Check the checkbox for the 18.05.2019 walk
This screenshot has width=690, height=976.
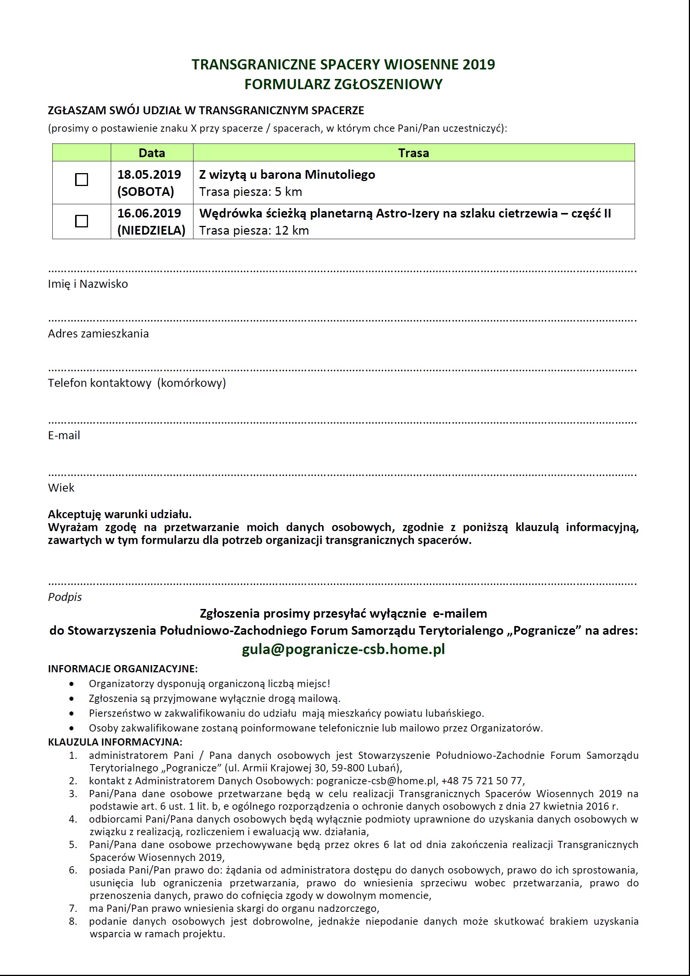(x=82, y=180)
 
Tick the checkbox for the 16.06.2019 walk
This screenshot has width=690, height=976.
(x=82, y=221)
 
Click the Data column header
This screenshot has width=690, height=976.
(x=152, y=153)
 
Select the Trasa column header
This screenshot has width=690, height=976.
(x=413, y=153)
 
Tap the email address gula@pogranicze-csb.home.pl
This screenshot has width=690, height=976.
(x=343, y=649)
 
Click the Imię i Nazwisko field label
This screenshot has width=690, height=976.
(x=88, y=284)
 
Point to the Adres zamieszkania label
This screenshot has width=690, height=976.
(x=98, y=334)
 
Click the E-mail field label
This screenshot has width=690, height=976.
(x=64, y=435)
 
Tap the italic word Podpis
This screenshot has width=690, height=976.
(x=64, y=597)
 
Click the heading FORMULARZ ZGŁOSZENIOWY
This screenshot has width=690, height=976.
(x=343, y=84)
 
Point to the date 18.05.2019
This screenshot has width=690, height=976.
(x=149, y=174)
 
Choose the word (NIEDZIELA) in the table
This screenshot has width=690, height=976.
(x=151, y=230)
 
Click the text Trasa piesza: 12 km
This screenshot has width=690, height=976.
(x=254, y=230)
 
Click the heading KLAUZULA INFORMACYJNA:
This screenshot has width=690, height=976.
(x=115, y=742)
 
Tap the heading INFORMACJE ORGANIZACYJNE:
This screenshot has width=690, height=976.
(x=123, y=669)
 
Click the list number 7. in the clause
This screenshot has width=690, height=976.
(x=73, y=908)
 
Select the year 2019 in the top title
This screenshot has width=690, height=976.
(x=479, y=64)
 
